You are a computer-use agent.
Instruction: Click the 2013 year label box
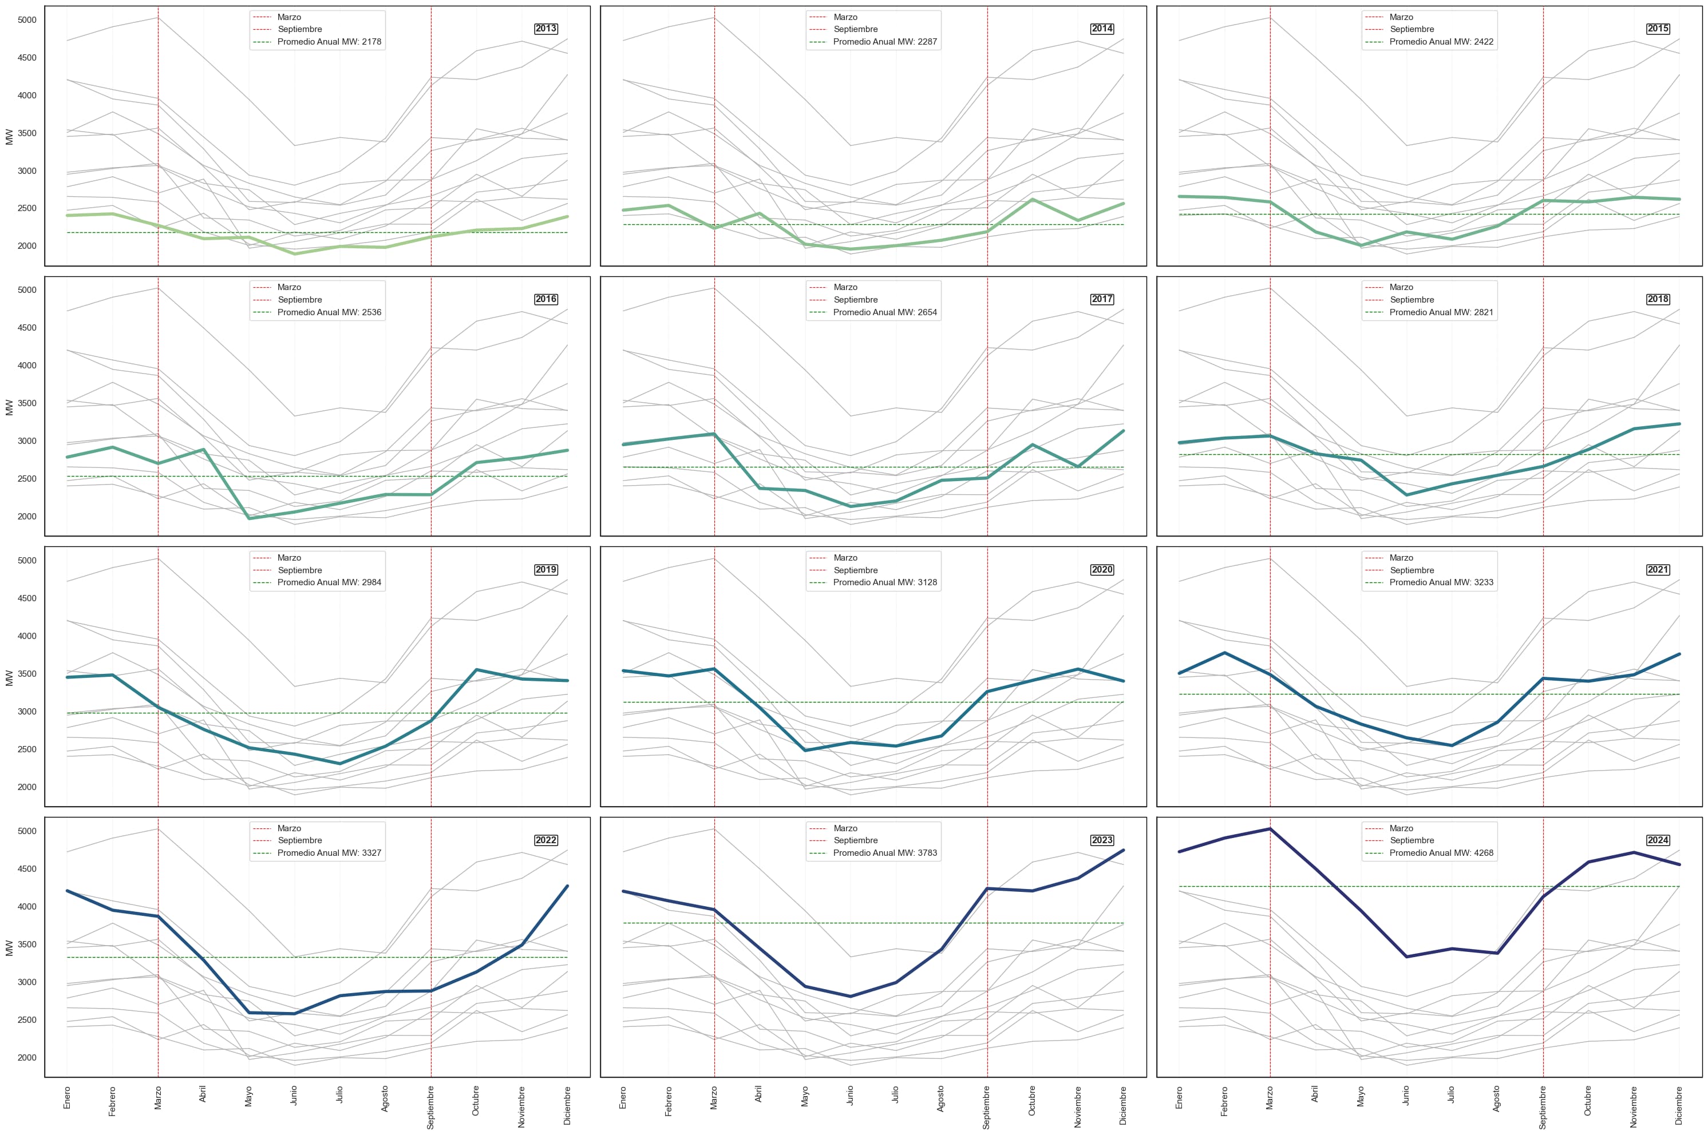545,29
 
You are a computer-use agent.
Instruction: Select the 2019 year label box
545,570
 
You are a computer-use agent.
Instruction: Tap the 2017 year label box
1101,299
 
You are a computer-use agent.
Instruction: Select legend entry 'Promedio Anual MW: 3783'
885,853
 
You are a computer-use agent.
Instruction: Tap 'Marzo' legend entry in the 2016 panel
289,287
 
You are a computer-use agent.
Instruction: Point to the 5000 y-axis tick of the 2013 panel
27,20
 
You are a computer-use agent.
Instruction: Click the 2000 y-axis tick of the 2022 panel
27,1058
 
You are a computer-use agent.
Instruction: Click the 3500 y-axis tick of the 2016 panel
27,403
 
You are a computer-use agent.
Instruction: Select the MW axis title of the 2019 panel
9,677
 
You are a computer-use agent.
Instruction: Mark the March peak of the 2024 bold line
1270,829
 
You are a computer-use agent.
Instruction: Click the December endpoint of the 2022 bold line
567,886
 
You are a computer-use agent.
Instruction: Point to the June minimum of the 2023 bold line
850,997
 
